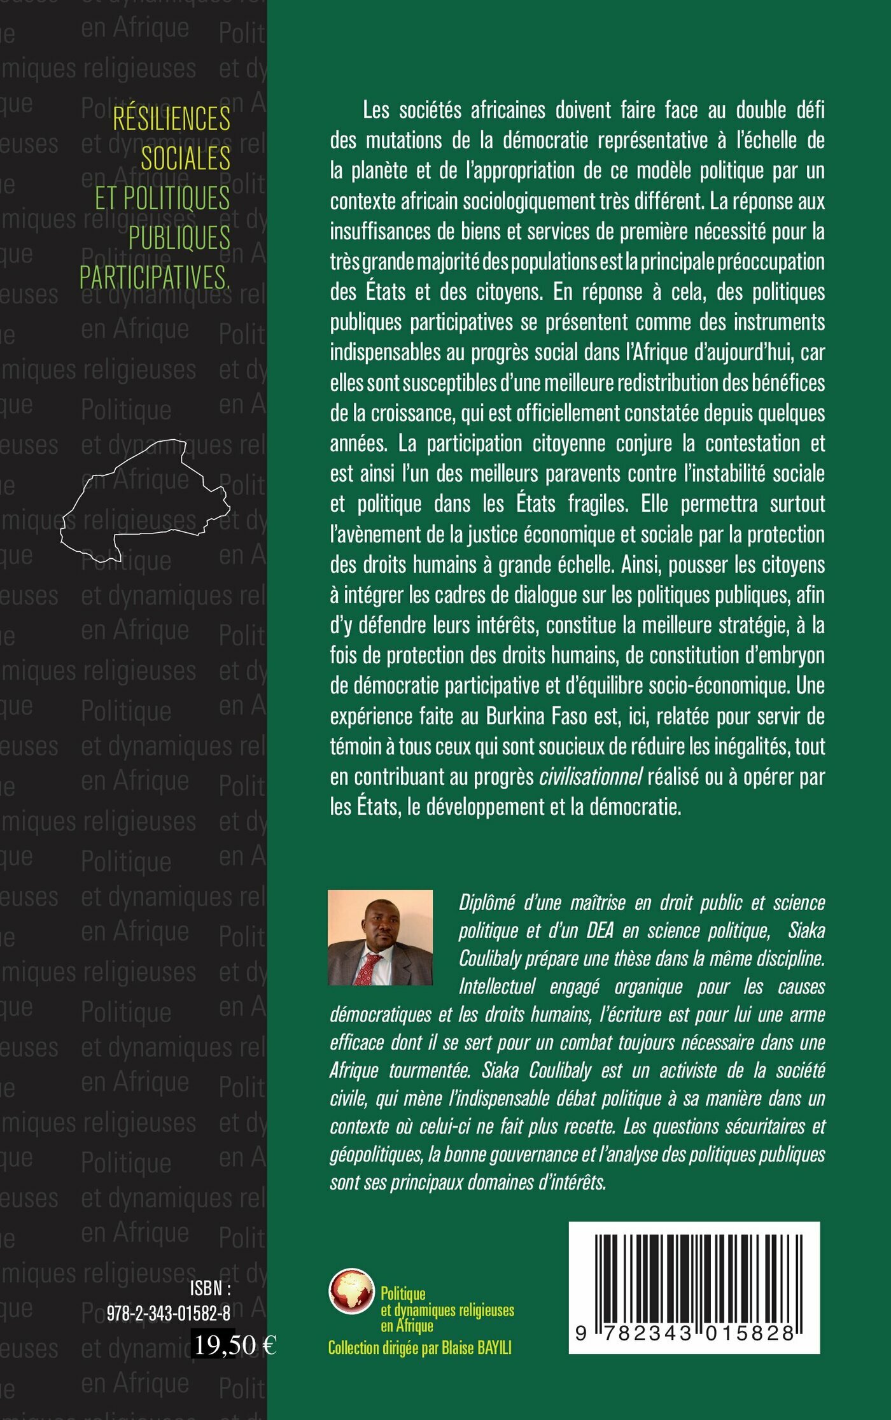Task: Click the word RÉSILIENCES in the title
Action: (172, 118)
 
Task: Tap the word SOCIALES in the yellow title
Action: (185, 158)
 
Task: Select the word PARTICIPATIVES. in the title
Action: (155, 278)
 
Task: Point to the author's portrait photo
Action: (380, 937)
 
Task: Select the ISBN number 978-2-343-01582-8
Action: (168, 1313)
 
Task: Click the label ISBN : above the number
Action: (210, 1289)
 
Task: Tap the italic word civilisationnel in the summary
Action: (591, 777)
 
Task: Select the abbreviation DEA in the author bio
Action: (600, 931)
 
